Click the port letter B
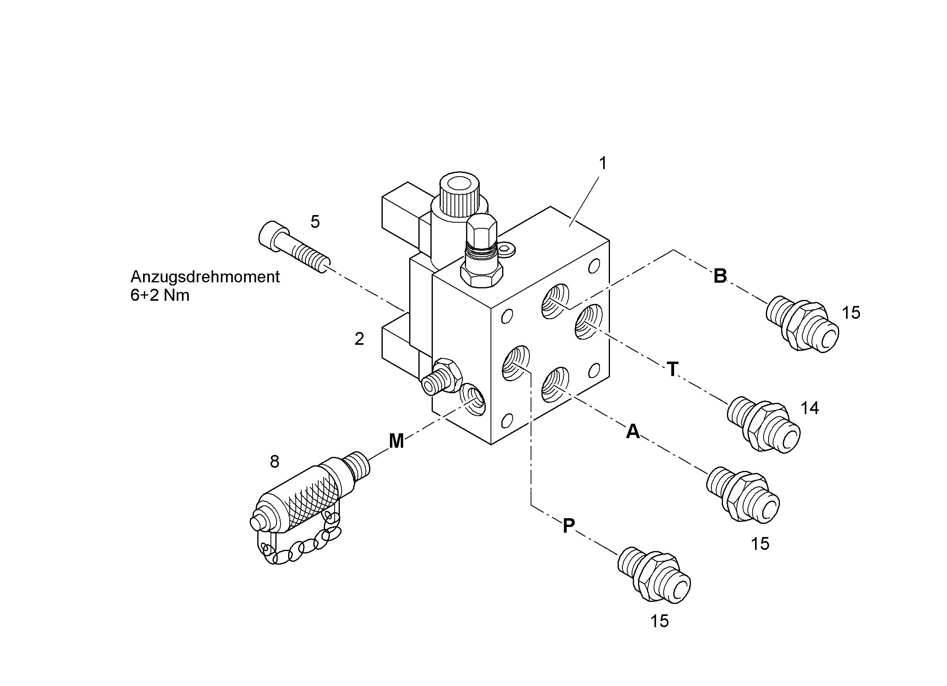(x=720, y=276)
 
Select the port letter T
(x=672, y=369)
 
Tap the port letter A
(x=633, y=431)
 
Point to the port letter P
(x=569, y=526)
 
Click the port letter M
(x=396, y=441)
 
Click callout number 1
(x=602, y=163)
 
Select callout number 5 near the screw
(x=315, y=222)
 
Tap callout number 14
(x=810, y=408)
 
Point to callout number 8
(x=275, y=461)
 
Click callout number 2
(x=359, y=339)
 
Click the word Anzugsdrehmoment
(x=205, y=277)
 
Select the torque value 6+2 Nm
(x=160, y=296)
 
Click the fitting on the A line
(x=743, y=494)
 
